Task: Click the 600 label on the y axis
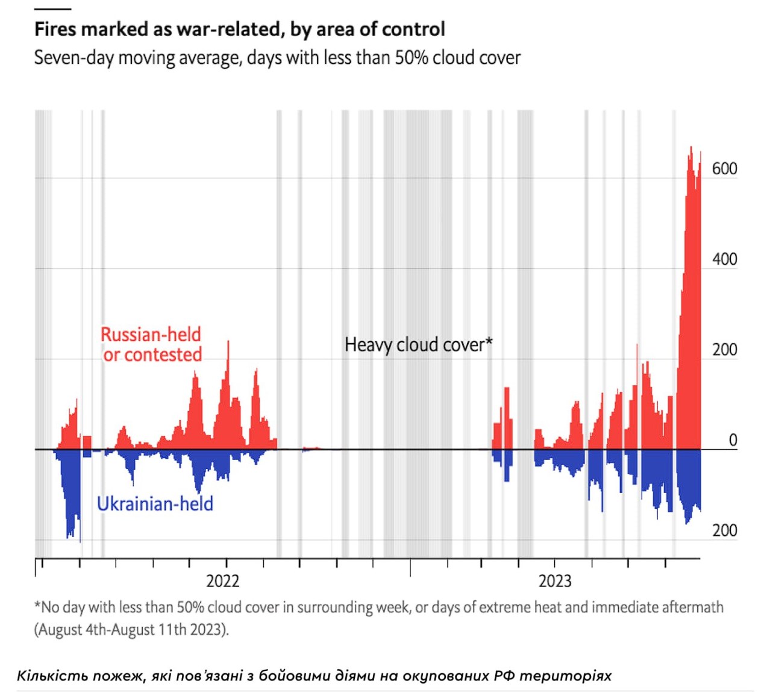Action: point(724,169)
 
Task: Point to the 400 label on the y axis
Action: point(724,259)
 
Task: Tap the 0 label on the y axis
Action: point(733,440)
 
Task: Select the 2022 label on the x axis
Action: point(223,581)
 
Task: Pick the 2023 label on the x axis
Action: point(555,581)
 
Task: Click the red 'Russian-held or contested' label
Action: point(151,345)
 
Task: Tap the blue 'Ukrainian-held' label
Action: point(155,504)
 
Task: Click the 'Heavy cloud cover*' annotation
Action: point(418,345)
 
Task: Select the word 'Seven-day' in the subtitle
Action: point(74,58)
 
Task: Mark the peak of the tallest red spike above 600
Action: point(691,146)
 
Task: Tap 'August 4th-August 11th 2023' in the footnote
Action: point(131,630)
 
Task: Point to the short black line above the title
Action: point(52,9)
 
